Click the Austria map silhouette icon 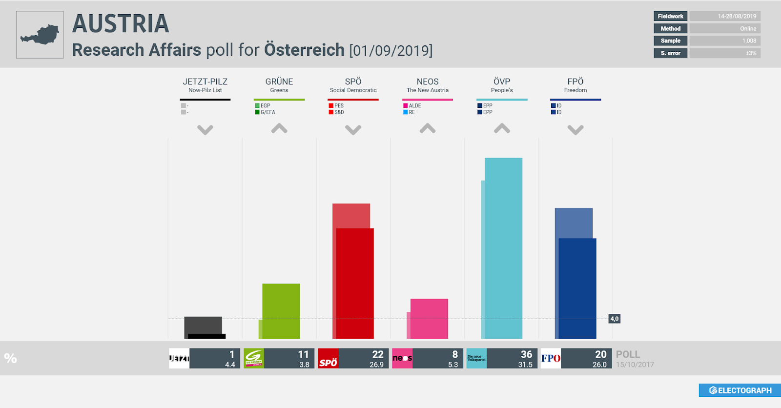pos(40,35)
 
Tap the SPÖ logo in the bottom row pos(328,359)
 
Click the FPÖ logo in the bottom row pos(551,359)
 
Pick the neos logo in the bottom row pos(402,359)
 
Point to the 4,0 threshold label pos(614,319)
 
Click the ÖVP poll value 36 pos(526,354)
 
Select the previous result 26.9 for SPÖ pos(376,365)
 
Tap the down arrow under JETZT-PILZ pos(205,130)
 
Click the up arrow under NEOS pos(428,128)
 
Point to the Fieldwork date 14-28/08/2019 pos(737,16)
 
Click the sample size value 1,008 pos(749,41)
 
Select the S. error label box pos(670,53)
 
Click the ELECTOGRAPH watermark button pos(740,390)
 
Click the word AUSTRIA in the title pos(121,23)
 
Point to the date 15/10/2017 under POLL pos(635,365)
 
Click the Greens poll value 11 pos(303,354)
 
